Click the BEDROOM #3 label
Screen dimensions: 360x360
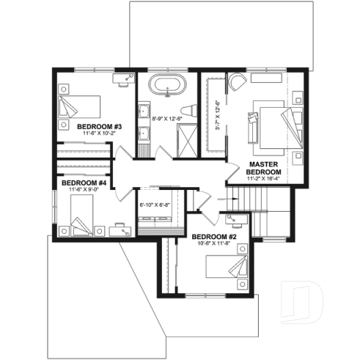(100, 126)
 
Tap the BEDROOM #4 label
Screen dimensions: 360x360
(84, 183)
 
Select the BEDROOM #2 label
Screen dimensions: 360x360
(215, 237)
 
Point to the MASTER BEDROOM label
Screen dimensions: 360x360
(267, 166)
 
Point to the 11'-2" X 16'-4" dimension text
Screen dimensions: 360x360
(267, 178)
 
